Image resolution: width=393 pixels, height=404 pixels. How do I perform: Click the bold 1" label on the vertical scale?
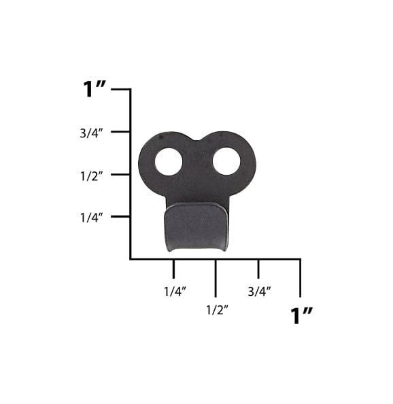click(94, 90)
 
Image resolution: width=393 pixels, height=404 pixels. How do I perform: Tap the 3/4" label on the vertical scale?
click(90, 133)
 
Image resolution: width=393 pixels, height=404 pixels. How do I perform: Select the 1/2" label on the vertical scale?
click(90, 175)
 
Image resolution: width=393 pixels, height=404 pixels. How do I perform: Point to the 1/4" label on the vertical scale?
click(90, 218)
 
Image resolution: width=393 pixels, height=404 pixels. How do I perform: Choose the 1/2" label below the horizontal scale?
click(216, 309)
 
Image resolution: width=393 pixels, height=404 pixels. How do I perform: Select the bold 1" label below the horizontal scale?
click(301, 316)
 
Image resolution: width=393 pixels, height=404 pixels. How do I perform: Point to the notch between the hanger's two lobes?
click(198, 141)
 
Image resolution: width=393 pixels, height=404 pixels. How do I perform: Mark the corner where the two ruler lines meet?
click(131, 258)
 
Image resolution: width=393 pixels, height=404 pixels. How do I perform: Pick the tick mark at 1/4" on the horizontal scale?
click(173, 268)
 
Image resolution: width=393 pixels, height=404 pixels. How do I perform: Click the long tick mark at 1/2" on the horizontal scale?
click(216, 277)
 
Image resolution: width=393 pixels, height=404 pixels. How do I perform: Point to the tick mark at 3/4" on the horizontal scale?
click(258, 268)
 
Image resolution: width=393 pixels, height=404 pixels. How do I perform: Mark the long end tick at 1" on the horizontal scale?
click(300, 277)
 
